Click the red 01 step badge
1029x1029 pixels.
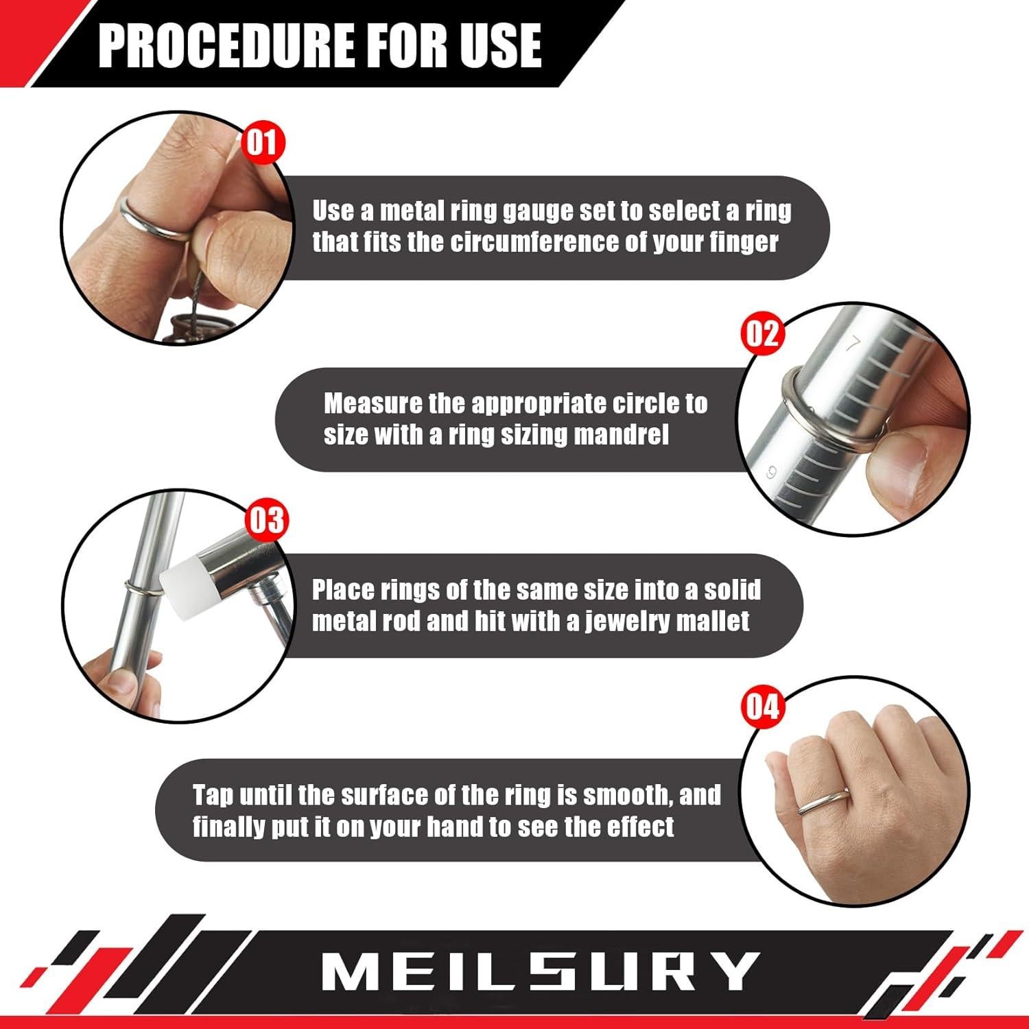[x=262, y=143]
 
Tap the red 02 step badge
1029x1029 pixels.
[x=762, y=333]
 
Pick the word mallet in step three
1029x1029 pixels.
[x=713, y=622]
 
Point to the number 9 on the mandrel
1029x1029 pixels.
[x=772, y=473]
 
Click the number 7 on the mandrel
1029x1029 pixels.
[x=853, y=344]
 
